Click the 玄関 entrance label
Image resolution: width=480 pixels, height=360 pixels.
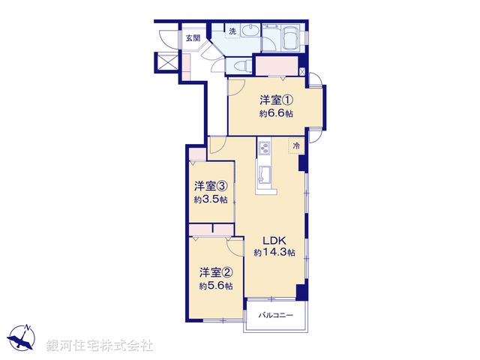point(192,38)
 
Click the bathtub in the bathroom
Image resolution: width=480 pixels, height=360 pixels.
point(290,37)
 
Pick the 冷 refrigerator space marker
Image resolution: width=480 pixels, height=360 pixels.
point(297,145)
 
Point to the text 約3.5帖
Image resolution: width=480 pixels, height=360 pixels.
point(210,199)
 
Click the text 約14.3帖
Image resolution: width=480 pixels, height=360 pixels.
point(274,253)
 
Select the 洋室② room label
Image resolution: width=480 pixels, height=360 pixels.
point(214,271)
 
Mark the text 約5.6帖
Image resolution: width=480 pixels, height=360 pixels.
point(215,286)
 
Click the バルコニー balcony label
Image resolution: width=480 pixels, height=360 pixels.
point(275,315)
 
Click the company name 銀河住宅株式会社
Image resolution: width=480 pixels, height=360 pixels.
point(100,345)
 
